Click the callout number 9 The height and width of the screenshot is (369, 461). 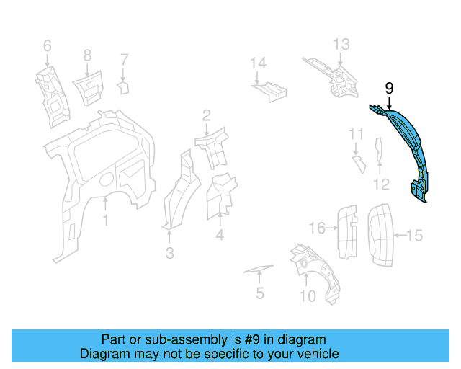pyautogui.click(x=389, y=89)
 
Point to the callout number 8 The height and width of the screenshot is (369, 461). pyautogui.click(x=87, y=55)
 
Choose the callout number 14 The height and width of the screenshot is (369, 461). pyautogui.click(x=258, y=63)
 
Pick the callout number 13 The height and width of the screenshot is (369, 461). pyautogui.click(x=341, y=44)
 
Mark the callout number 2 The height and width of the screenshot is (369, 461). pyautogui.click(x=206, y=115)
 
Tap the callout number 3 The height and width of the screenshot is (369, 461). pyautogui.click(x=169, y=253)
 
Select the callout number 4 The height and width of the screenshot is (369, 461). pyautogui.click(x=219, y=235)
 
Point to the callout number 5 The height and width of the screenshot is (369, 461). pyautogui.click(x=260, y=293)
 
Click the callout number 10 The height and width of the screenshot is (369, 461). pyautogui.click(x=307, y=296)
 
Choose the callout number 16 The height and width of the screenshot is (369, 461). pyautogui.click(x=317, y=228)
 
